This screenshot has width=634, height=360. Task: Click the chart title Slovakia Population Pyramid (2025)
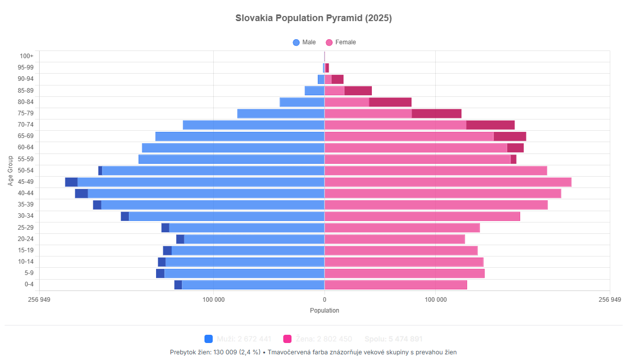click(x=314, y=18)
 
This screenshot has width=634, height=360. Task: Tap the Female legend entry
click(x=340, y=42)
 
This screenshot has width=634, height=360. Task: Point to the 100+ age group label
click(x=27, y=56)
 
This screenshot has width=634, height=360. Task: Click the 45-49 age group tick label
click(x=25, y=182)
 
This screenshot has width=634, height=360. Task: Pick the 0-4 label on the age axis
click(x=29, y=284)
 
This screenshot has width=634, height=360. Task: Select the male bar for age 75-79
click(x=281, y=113)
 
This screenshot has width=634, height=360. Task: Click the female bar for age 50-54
click(x=435, y=170)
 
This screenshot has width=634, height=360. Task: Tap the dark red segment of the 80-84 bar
click(x=390, y=102)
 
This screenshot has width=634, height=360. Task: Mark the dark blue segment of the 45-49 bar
click(x=71, y=182)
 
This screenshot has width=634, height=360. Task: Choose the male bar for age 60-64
click(x=233, y=148)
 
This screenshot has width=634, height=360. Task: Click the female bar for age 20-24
click(x=395, y=239)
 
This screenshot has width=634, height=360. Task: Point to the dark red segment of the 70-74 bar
click(x=490, y=125)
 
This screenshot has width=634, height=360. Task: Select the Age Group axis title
click(x=10, y=170)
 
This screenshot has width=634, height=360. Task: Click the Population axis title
click(x=324, y=311)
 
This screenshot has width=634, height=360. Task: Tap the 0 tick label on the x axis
click(x=324, y=299)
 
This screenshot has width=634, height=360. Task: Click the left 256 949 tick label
click(x=39, y=299)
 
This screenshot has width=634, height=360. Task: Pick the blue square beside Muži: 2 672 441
click(x=209, y=339)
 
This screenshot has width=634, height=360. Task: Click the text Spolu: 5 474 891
click(x=393, y=339)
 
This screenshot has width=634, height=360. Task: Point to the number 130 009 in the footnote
click(x=225, y=352)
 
